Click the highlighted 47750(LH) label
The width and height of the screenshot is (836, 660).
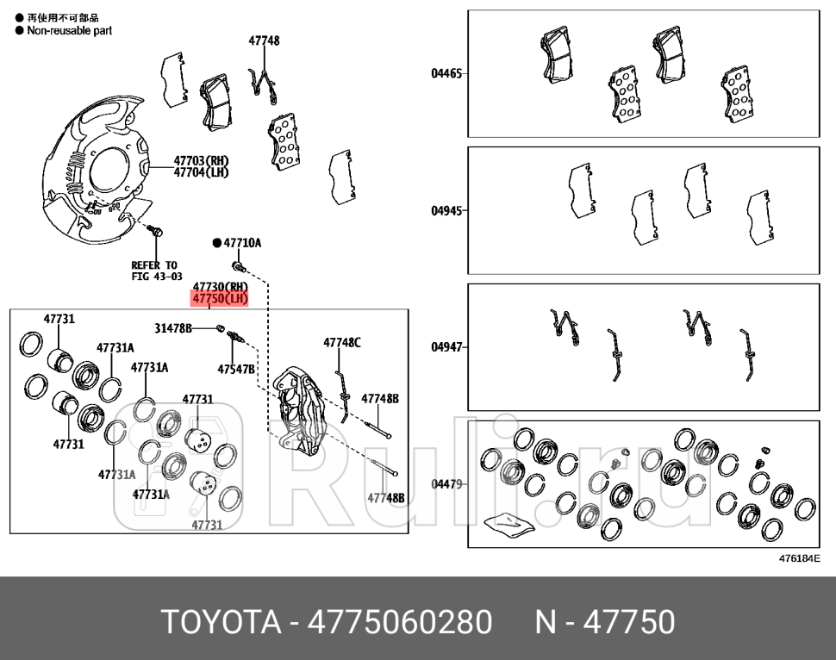pyautogui.click(x=220, y=299)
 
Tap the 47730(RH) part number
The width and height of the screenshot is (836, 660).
pyautogui.click(x=220, y=286)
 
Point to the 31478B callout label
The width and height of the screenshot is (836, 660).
pyautogui.click(x=173, y=328)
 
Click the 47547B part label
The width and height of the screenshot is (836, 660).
pyautogui.click(x=235, y=369)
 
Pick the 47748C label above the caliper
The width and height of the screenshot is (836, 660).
pyautogui.click(x=342, y=342)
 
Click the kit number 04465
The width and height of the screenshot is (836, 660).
pyautogui.click(x=447, y=73)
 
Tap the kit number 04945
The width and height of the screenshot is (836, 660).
pyautogui.click(x=447, y=210)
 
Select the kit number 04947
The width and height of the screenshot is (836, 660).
pyautogui.click(x=447, y=347)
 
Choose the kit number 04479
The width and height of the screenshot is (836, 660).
pyautogui.click(x=447, y=484)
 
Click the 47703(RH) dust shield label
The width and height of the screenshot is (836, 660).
pyautogui.click(x=201, y=160)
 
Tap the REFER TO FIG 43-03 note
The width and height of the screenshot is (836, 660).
pyautogui.click(x=155, y=271)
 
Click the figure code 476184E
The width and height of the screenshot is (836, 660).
pyautogui.click(x=799, y=558)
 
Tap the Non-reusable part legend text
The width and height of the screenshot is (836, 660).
pyautogui.click(x=69, y=30)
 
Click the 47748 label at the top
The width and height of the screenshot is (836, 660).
pyautogui.click(x=264, y=40)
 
